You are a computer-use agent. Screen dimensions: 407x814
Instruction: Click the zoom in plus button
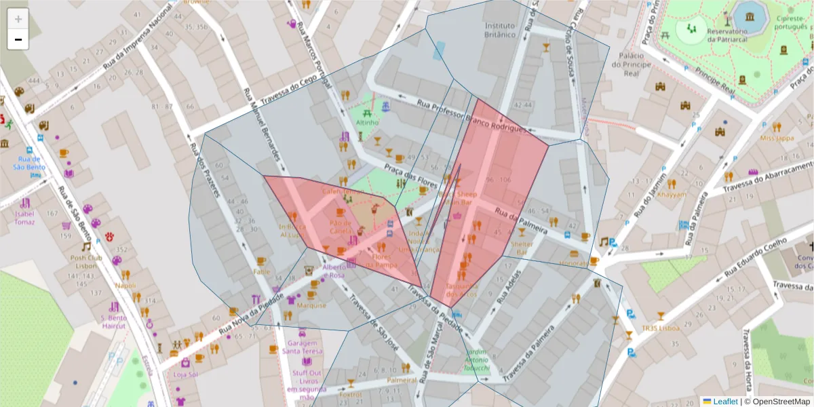[18, 19]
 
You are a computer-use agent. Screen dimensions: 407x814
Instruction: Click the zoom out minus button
[18, 39]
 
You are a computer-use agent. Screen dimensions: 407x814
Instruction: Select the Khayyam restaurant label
[672, 194]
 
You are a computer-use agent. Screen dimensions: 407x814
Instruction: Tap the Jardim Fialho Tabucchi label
[478, 360]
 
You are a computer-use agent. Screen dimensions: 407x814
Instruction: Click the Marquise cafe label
[311, 305]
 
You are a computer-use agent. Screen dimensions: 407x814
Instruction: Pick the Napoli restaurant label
[125, 286]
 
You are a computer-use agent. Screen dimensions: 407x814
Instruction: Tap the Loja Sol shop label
[185, 374]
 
